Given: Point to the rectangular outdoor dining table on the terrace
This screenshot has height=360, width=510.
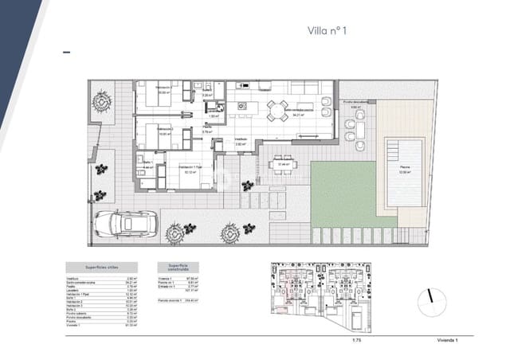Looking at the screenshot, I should click(x=283, y=165).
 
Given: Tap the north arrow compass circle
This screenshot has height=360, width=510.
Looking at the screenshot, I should click(x=433, y=297).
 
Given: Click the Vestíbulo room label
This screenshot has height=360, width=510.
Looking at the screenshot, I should click(x=240, y=140).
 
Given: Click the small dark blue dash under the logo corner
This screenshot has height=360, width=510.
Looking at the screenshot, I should click(x=66, y=52).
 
